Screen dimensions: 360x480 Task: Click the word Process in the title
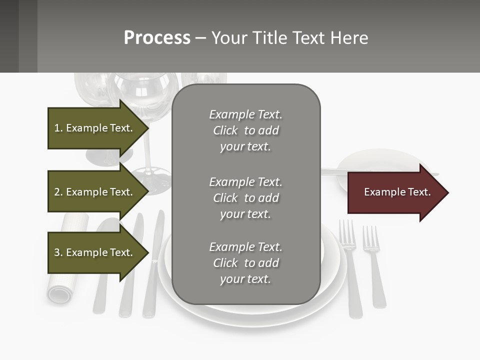157,38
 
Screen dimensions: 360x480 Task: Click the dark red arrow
395,192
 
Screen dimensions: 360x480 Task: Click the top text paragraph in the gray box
245,130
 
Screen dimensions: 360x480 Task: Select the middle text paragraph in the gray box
245,198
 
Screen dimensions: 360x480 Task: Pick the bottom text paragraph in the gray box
245,263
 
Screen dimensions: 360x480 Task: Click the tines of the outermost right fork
370,238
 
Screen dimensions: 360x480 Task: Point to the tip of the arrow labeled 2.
148,192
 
